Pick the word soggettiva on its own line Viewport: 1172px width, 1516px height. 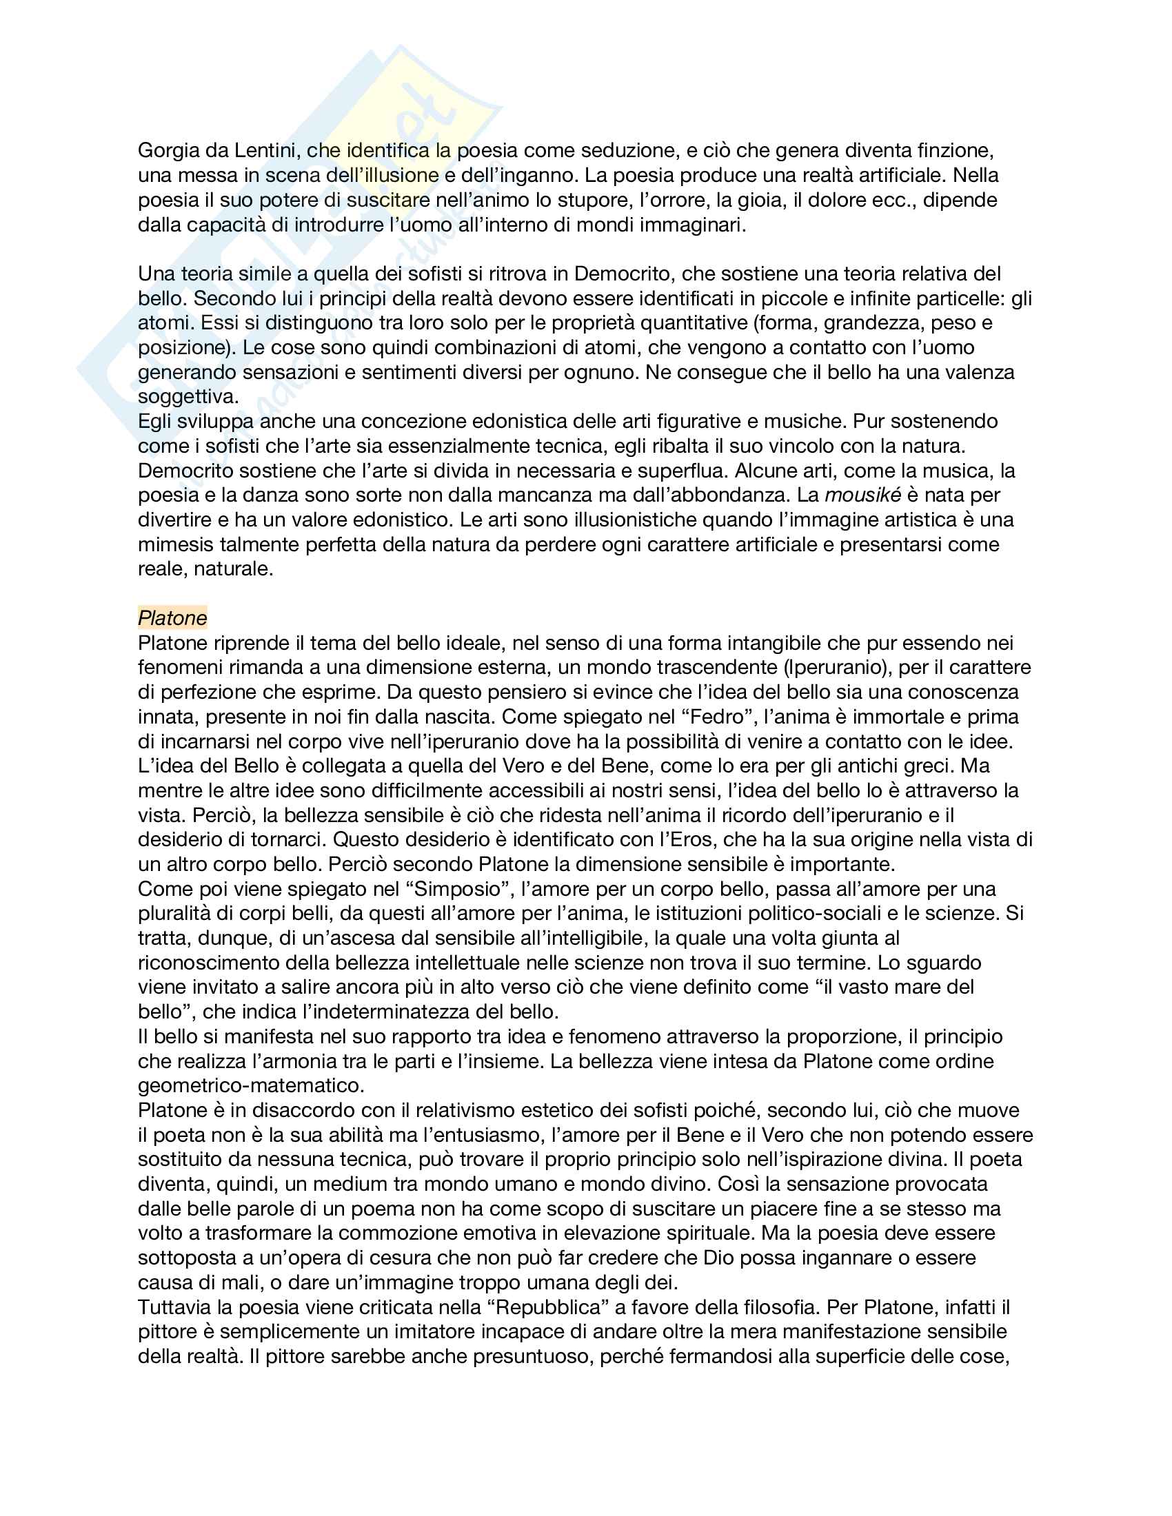[x=188, y=397]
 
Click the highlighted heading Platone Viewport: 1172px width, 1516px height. [x=172, y=618]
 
